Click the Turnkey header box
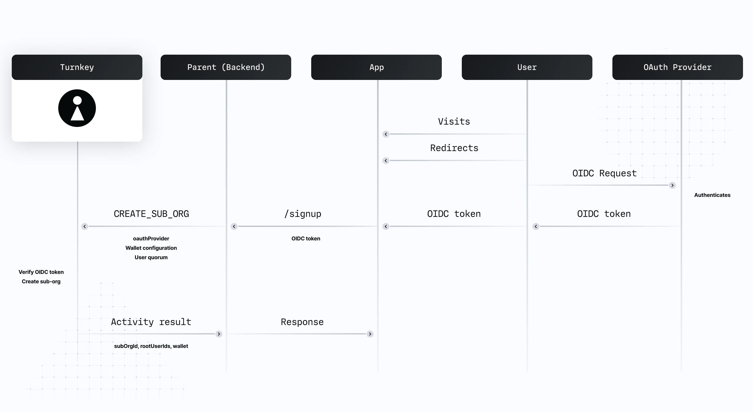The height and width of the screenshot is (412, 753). (x=77, y=67)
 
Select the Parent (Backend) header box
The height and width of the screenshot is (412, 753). (x=226, y=67)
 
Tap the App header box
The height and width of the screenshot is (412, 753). (x=376, y=67)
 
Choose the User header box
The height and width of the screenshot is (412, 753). (x=527, y=67)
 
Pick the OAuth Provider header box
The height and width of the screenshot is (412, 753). (x=677, y=67)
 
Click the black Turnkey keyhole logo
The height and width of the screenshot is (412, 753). (x=77, y=108)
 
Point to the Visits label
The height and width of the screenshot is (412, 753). (x=454, y=122)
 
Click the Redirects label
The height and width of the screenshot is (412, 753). (x=454, y=148)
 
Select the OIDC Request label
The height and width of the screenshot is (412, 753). (x=604, y=173)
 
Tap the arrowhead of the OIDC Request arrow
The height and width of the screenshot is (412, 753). (x=672, y=185)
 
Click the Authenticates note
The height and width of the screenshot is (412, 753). (x=712, y=195)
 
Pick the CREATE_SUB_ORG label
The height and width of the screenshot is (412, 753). (x=151, y=214)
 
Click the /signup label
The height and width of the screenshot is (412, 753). (x=303, y=214)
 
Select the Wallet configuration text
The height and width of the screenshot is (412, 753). (x=151, y=248)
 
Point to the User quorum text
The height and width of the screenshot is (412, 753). (x=151, y=257)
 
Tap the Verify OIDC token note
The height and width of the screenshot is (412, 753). (x=41, y=272)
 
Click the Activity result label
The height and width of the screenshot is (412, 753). (x=151, y=322)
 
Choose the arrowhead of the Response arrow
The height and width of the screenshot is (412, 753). (x=370, y=334)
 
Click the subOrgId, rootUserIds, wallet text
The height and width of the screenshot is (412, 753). (x=151, y=346)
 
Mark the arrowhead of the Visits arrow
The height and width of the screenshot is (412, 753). (x=386, y=134)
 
